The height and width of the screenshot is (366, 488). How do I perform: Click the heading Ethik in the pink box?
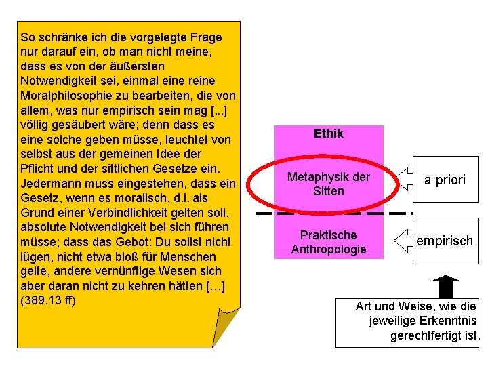click(x=329, y=134)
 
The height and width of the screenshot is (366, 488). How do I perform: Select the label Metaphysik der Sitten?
click(x=329, y=184)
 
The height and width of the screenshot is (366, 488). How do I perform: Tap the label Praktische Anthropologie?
click(x=329, y=242)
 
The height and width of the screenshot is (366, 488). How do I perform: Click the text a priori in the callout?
click(x=445, y=180)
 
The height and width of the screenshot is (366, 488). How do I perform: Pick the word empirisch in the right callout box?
click(x=445, y=241)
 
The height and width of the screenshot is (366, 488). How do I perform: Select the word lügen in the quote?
click(x=35, y=257)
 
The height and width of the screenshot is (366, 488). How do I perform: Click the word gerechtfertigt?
click(x=427, y=335)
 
